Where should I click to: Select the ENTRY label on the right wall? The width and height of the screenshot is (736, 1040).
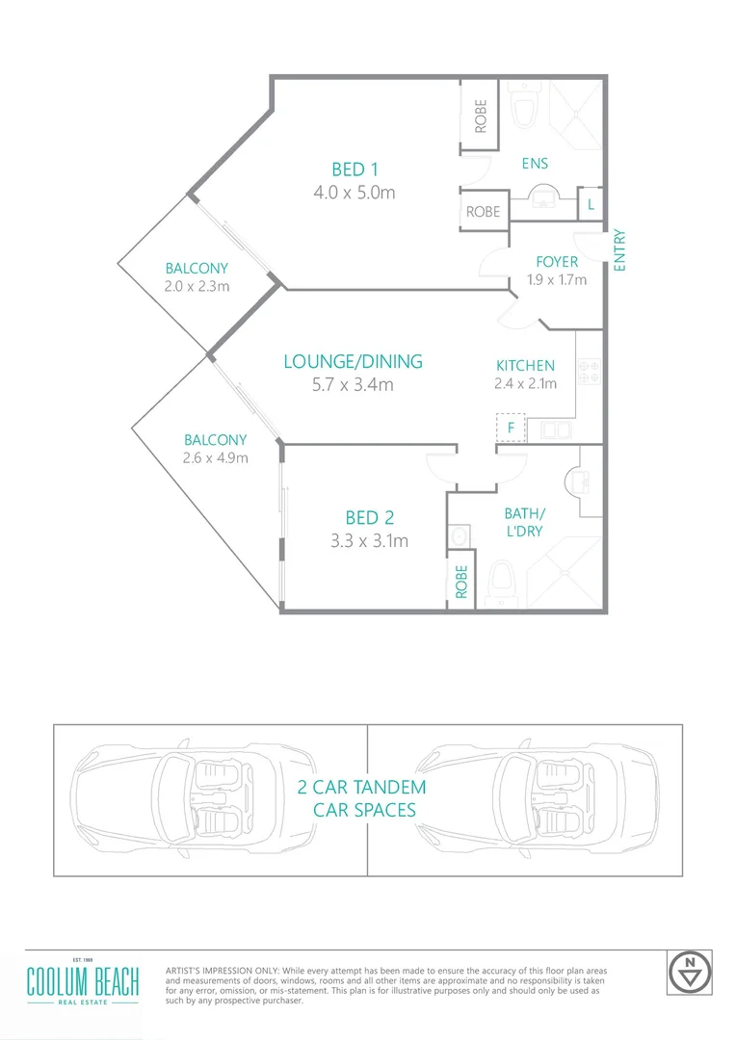pyautogui.click(x=619, y=250)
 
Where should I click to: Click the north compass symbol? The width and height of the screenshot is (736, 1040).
pyautogui.click(x=689, y=973)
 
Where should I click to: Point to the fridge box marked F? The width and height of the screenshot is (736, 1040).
pyautogui.click(x=511, y=427)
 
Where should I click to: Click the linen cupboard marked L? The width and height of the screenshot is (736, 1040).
pyautogui.click(x=590, y=204)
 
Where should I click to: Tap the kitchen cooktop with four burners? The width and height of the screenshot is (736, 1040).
pyautogui.click(x=589, y=373)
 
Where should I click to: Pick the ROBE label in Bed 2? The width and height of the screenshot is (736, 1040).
pyautogui.click(x=461, y=582)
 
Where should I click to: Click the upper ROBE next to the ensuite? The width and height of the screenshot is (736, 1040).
pyautogui.click(x=480, y=117)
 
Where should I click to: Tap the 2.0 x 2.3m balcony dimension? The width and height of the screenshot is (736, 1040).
pyautogui.click(x=197, y=286)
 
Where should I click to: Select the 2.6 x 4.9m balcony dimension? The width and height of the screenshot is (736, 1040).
pyautogui.click(x=216, y=457)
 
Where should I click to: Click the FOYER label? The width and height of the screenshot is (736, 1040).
pyautogui.click(x=557, y=262)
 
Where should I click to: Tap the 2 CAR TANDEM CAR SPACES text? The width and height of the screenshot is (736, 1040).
pyautogui.click(x=364, y=798)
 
